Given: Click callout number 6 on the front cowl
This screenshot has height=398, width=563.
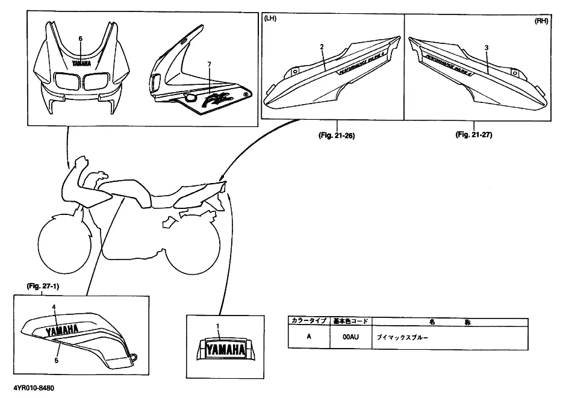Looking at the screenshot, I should pos(80,39).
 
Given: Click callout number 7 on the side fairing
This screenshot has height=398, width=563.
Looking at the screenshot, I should pos(209,64).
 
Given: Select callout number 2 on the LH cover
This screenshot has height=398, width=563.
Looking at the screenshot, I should pos(322,47).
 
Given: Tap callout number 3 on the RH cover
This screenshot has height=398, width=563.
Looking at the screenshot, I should pos(486,47).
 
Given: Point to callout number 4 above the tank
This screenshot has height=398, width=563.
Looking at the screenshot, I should pos(54,307).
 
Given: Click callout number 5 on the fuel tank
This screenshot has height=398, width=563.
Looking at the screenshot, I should pos(57,360).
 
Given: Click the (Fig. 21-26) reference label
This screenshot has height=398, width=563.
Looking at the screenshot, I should pos(336,135).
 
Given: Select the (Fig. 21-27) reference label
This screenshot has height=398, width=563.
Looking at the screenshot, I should pos(474,135).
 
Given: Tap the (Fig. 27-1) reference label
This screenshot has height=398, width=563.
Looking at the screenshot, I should pos(42,287).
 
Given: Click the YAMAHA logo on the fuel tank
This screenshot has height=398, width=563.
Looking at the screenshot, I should pos(60,330).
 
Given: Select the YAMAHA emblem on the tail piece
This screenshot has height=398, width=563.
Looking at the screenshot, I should pos(226,349).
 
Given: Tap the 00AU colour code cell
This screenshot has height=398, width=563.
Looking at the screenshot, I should pos(350,337).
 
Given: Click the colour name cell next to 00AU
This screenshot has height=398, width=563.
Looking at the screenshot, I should pos(449,337).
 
